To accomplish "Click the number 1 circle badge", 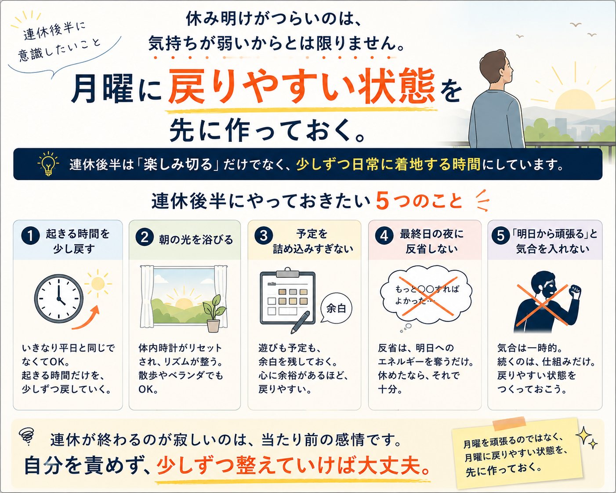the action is tap(30, 236).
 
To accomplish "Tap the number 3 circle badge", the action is tap(263, 236).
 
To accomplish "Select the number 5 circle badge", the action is tap(500, 236).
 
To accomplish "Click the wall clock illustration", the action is tap(59, 299).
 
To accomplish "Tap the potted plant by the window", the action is tap(214, 313).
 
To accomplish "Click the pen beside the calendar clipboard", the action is tap(300, 323).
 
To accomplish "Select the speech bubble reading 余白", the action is tap(336, 308).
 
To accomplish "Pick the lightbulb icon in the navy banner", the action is tap(48, 163).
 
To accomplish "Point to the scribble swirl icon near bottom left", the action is tap(27, 437).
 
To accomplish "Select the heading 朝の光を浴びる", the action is tap(196, 239).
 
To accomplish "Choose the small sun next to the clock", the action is tap(98, 284).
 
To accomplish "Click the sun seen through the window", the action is tap(183, 303).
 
